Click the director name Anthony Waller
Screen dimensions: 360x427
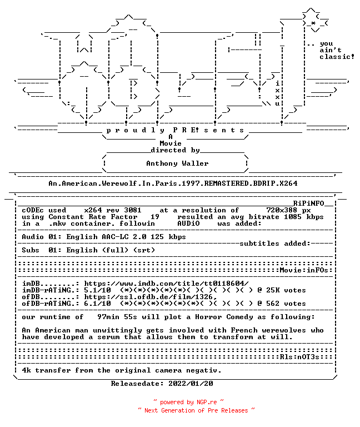[177, 163]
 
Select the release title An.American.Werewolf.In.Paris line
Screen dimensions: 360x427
[173, 183]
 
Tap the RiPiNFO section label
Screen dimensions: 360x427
[308, 203]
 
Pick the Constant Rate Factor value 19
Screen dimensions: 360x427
[155, 217]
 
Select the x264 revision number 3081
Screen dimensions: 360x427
[133, 210]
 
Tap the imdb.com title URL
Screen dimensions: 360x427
[166, 284]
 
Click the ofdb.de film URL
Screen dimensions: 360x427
[151, 297]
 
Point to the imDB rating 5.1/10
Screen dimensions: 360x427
[97, 290]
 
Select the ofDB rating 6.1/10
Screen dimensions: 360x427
[97, 304]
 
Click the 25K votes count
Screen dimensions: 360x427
[286, 290]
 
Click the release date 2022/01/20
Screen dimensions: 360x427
[191, 384]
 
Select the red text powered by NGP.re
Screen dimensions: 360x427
[188, 402]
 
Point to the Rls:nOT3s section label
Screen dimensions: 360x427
[299, 357]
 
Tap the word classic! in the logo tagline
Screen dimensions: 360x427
[337, 57]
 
